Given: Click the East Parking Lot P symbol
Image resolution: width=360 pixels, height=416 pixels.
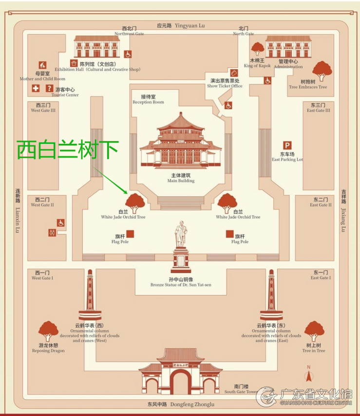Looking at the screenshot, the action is pos(287,145).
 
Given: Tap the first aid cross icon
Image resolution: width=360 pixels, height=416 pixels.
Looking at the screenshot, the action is pos(36,88).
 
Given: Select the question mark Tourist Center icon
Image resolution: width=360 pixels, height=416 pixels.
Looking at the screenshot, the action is pos(49,88).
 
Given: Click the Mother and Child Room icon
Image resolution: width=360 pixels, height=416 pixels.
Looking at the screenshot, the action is pos(42,65).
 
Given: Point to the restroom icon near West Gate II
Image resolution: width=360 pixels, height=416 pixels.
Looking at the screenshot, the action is pos(52,233).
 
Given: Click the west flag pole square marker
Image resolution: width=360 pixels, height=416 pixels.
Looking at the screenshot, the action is pos(130,234).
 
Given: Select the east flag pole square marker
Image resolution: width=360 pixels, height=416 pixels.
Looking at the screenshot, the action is pos(229,234).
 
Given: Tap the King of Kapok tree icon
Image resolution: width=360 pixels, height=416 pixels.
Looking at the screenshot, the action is pos(257,49).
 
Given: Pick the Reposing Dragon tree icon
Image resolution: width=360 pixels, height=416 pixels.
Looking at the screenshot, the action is pos(48,331).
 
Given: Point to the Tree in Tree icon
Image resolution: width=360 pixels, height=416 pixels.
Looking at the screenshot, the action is pos(314,331).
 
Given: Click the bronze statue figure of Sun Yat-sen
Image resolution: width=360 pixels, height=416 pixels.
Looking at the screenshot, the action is pos(181,234).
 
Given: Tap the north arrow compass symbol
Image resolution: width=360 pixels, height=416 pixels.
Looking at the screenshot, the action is pos(308,374).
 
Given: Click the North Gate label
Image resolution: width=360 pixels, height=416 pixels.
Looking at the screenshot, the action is pos(244,31).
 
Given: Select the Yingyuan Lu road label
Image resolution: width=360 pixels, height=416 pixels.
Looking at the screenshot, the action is pos(181,26).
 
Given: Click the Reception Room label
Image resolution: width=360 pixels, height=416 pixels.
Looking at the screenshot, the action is pos(148,99).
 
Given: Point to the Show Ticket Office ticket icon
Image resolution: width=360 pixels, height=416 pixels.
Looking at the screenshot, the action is pos(233,73).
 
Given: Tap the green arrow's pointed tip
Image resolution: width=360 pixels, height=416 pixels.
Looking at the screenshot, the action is pos(128,194).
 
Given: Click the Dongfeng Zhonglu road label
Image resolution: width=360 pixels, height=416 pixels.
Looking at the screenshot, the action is pos(181,404).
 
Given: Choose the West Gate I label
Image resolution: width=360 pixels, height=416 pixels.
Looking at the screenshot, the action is pos(42,275).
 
